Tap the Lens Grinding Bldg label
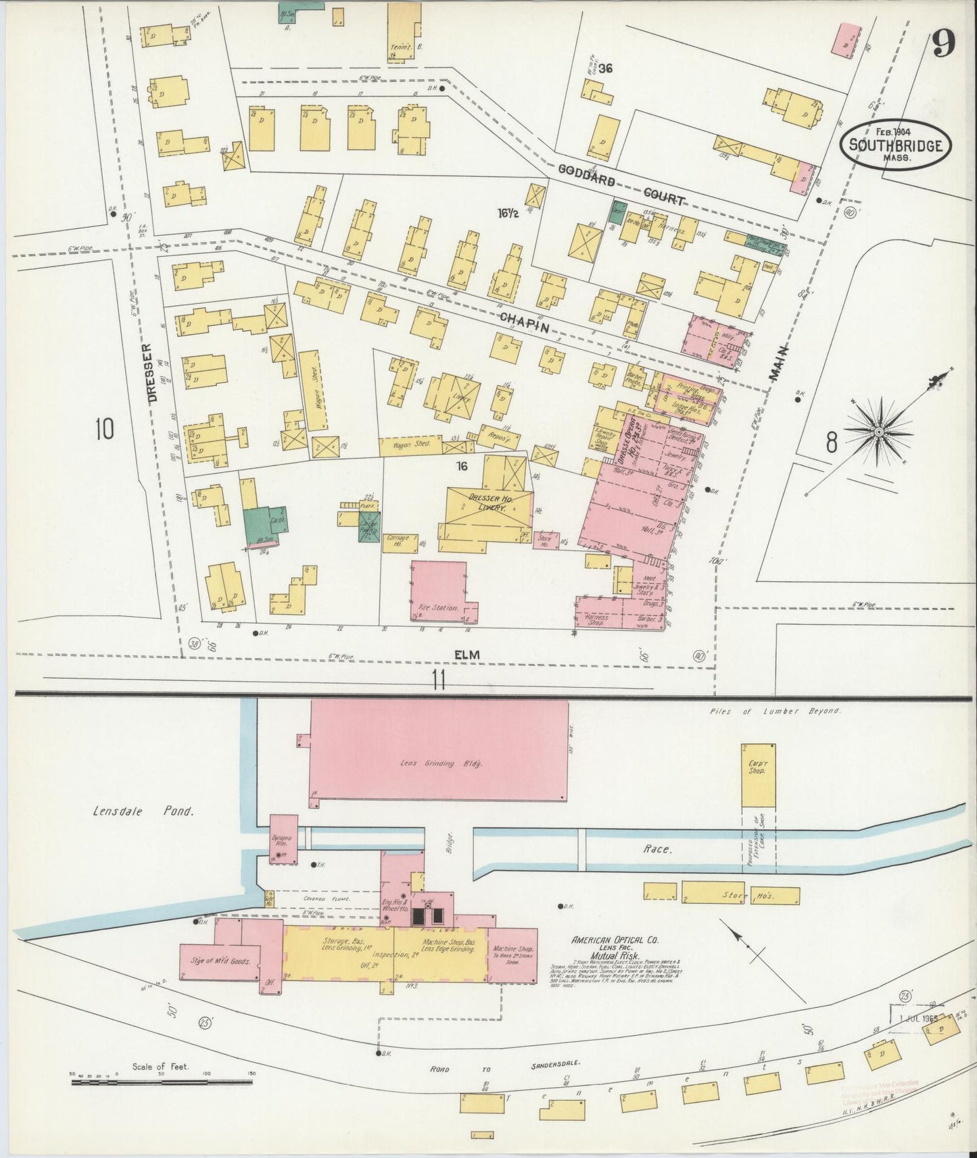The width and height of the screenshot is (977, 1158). (x=438, y=763)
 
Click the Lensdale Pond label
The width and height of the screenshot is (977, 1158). (x=143, y=812)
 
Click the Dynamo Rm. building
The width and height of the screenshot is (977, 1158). (x=283, y=838)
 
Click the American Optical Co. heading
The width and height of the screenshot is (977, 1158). (x=615, y=940)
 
